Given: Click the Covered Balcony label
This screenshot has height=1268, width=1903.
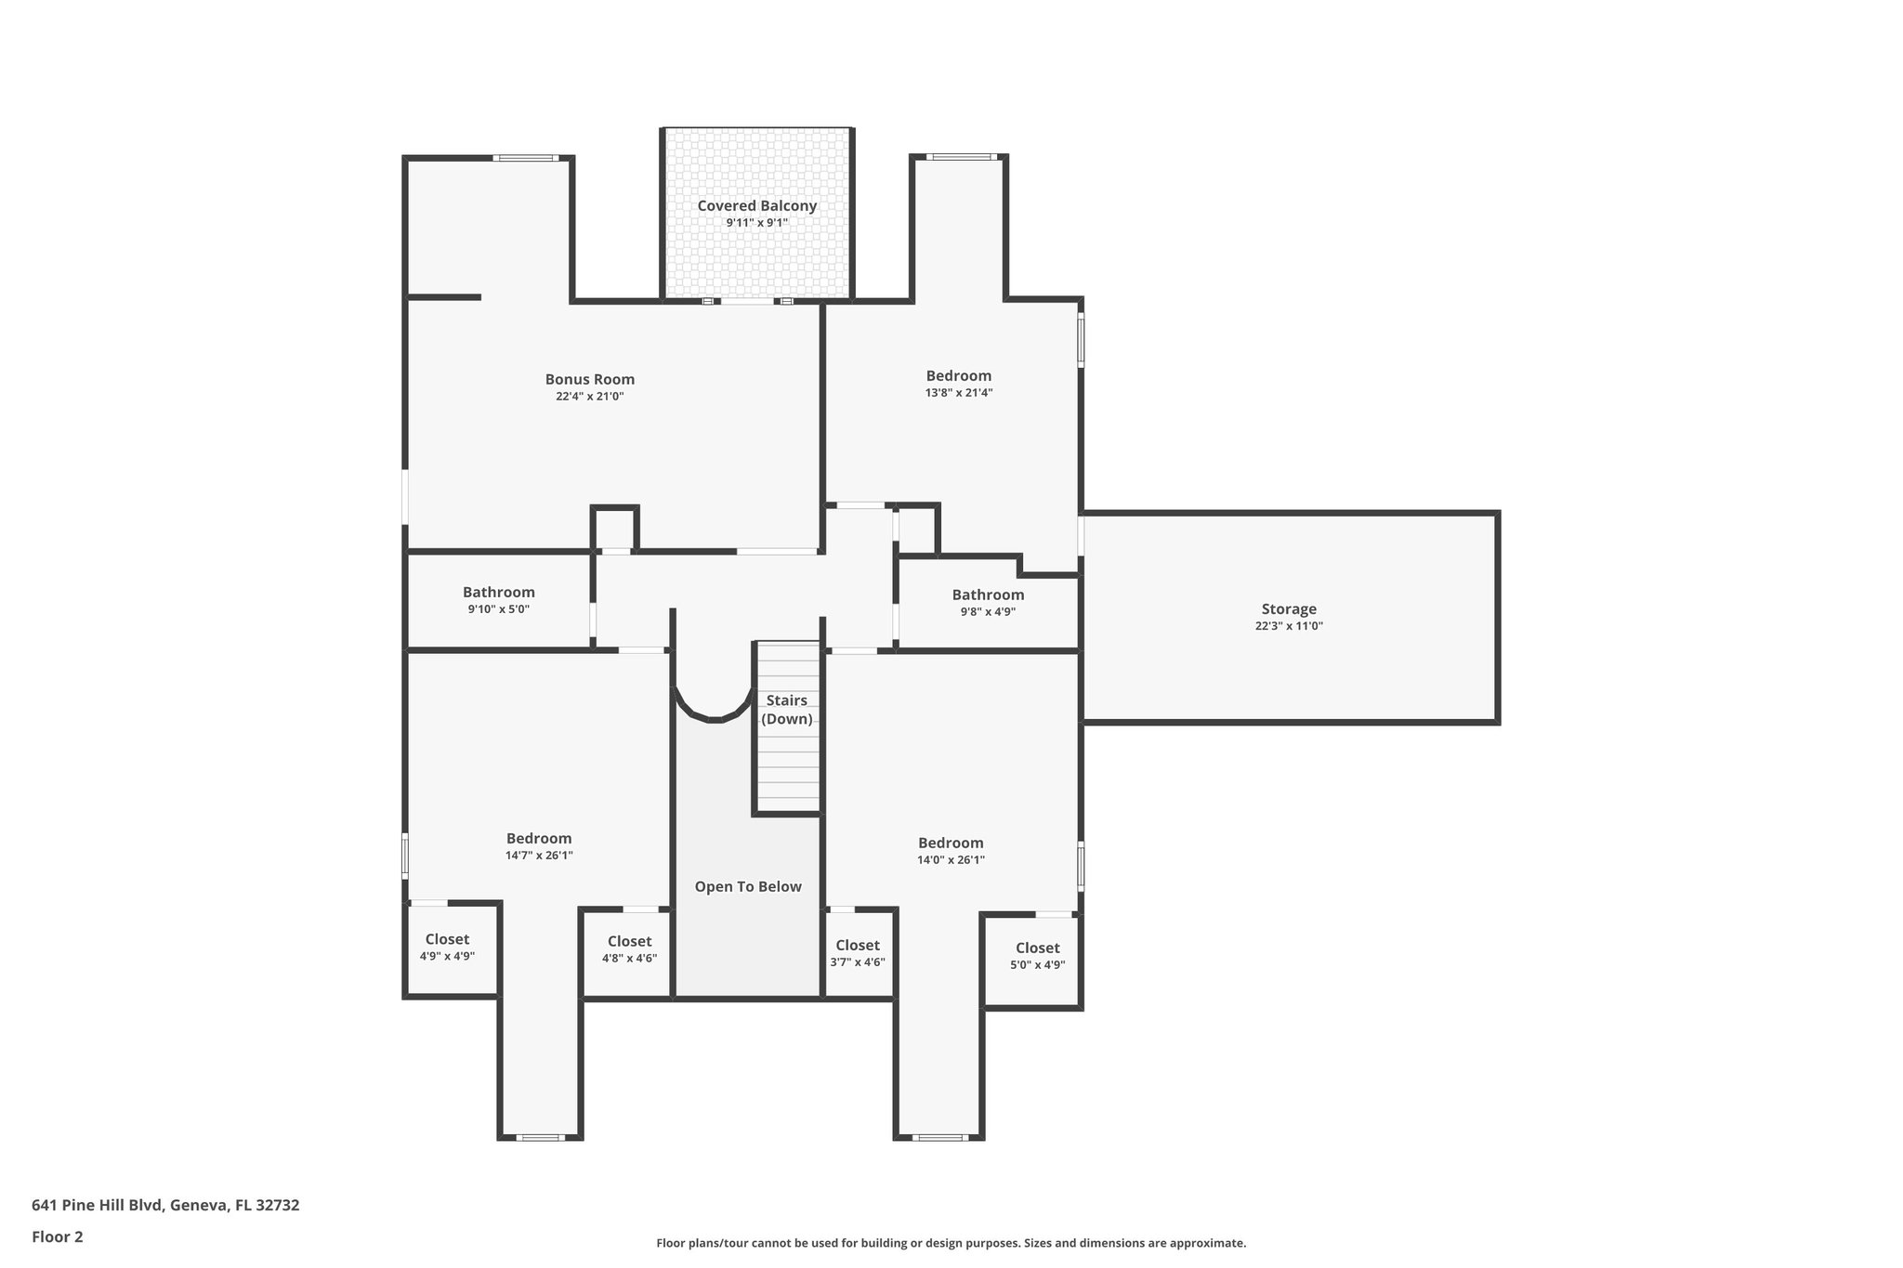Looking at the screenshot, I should (x=756, y=206).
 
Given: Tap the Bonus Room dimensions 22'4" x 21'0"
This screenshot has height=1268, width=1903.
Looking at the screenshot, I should (x=589, y=397).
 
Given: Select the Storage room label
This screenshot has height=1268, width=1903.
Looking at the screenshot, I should (x=1288, y=609).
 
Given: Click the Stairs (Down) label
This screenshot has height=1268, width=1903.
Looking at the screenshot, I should (x=786, y=710).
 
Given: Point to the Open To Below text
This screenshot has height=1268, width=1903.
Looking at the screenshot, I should (x=747, y=886).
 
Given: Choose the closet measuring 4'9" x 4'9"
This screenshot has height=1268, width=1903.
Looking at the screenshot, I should (x=447, y=947).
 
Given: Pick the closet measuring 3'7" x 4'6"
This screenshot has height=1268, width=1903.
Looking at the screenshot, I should (x=857, y=953).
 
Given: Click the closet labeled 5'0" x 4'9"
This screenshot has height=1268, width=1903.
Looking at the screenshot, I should (x=1037, y=955).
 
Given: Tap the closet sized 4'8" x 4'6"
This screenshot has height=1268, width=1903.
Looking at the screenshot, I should (x=629, y=949).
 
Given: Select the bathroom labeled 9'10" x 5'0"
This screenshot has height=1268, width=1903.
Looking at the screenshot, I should (x=498, y=600).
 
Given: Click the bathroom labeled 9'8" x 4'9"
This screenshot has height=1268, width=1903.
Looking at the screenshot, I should (x=987, y=602).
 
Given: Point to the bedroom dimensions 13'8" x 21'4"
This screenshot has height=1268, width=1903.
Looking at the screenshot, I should (x=958, y=393).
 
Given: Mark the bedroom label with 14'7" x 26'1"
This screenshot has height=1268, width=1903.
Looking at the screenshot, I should (x=538, y=839).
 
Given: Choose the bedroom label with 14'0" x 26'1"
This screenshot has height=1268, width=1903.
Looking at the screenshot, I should (x=951, y=843).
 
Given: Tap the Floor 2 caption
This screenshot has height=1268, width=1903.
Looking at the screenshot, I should (x=58, y=1236).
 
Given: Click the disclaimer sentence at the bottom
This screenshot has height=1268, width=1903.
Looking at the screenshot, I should (x=951, y=1243).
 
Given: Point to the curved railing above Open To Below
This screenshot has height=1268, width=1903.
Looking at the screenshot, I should (x=713, y=713).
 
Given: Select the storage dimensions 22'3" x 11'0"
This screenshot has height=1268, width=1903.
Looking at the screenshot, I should (x=1288, y=626).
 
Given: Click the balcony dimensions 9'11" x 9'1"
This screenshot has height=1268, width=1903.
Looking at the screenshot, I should (x=756, y=223).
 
